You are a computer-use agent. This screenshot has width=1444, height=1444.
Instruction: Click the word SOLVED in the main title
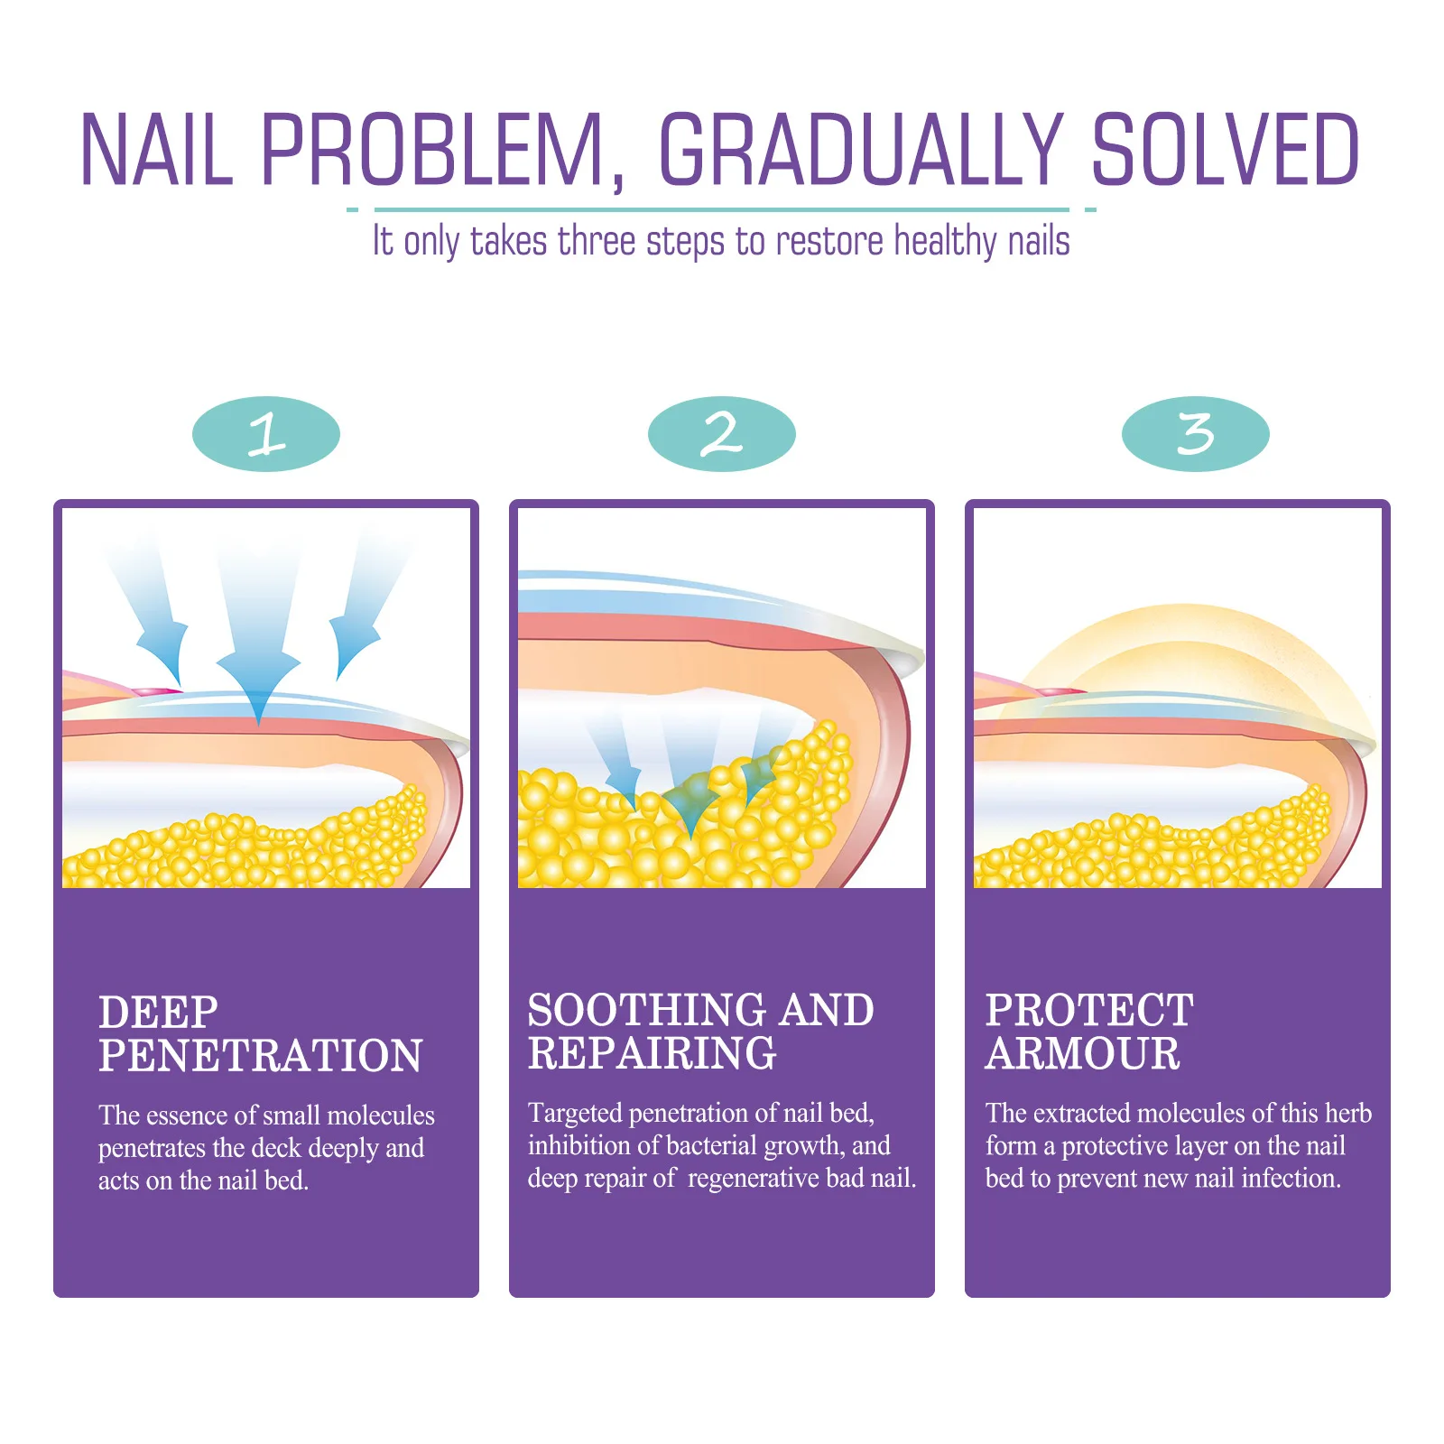(x=1225, y=150)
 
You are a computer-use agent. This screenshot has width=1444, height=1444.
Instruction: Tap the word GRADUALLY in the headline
(x=861, y=150)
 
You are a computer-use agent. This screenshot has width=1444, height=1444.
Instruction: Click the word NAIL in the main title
(x=157, y=150)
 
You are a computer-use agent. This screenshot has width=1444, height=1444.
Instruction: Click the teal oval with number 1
(x=266, y=434)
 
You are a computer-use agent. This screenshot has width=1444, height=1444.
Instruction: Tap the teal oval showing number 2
(x=721, y=434)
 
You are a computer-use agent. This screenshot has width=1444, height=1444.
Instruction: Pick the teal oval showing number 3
(x=1195, y=434)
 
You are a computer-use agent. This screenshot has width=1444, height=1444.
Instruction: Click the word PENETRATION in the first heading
(x=260, y=1056)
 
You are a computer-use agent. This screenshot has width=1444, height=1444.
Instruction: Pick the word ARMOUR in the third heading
(x=1082, y=1054)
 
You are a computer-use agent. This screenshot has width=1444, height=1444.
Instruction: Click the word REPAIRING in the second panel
(x=652, y=1054)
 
